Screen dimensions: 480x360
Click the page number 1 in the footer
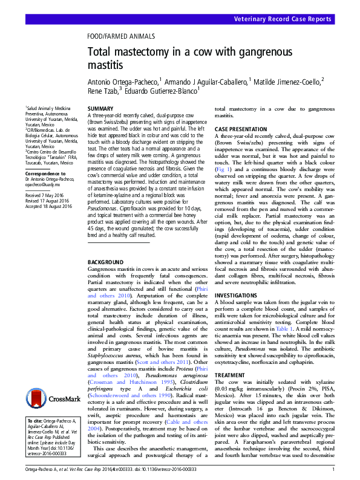click(x=333, y=470)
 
